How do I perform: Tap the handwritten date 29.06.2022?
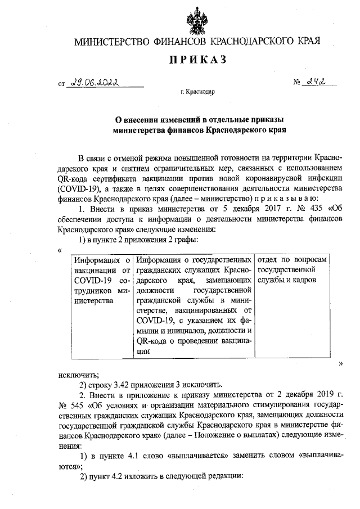click(96, 83)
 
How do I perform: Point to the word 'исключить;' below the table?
click(79, 374)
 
